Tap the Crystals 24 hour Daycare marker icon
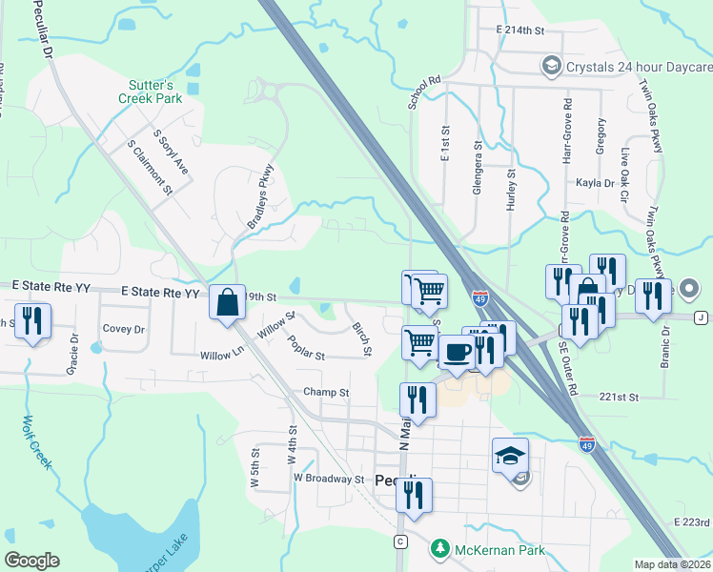tap(550, 67)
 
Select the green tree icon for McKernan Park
tap(439, 549)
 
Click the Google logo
tap(31, 561)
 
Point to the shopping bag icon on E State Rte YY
tap(227, 303)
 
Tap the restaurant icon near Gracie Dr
tap(33, 322)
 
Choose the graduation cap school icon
tap(510, 456)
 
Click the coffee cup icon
tap(456, 350)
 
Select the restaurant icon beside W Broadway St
tap(414, 495)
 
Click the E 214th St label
tap(519, 31)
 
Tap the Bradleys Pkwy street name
tap(260, 196)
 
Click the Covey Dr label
tap(123, 329)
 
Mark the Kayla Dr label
tap(595, 183)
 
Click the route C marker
tap(401, 541)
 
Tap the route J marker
tap(702, 317)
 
